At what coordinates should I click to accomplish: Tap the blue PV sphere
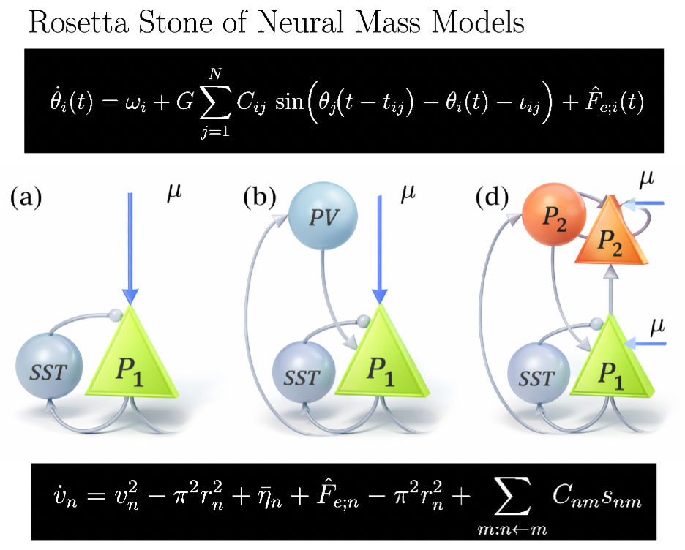click(320, 216)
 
